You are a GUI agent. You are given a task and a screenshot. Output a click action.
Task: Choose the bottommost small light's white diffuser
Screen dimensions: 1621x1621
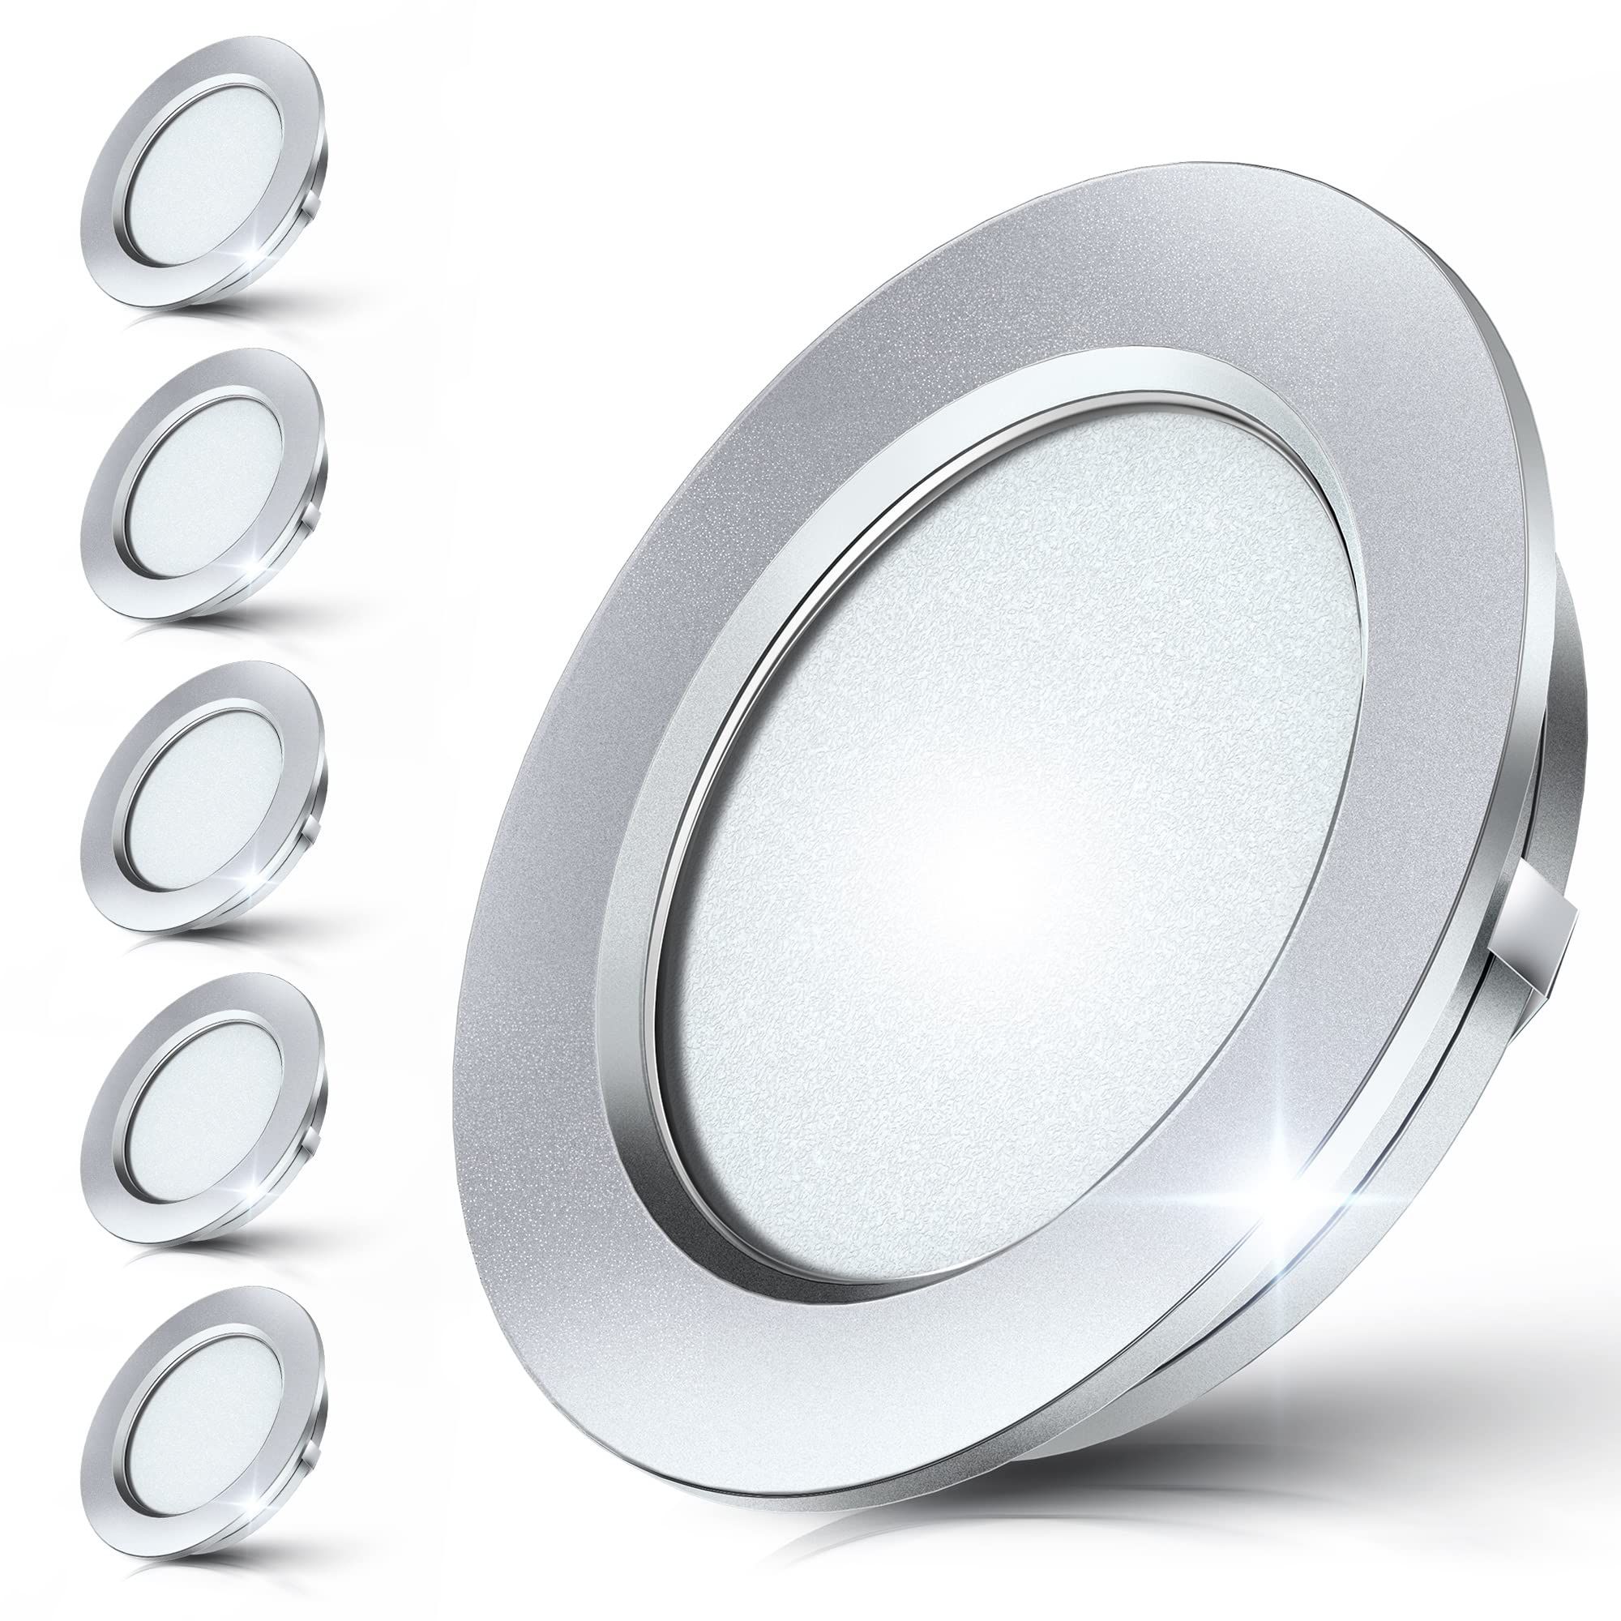click(x=205, y=1409)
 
